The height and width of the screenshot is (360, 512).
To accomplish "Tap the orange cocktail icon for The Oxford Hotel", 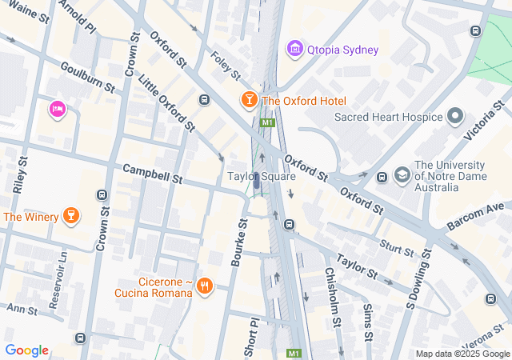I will [x=249, y=100].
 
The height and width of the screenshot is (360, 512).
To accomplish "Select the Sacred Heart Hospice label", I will [x=388, y=117].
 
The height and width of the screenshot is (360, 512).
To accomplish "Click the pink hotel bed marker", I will [x=57, y=109].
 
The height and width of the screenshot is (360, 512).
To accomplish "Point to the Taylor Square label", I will [x=262, y=176].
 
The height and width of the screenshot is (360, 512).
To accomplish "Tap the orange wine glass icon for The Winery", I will [x=71, y=216].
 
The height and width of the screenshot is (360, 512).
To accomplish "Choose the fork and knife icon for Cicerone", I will [x=205, y=285].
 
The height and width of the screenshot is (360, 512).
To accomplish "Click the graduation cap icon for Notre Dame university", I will [x=402, y=174].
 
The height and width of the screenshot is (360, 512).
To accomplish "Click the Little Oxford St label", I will [x=166, y=102].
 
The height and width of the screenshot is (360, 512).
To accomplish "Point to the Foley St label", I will [x=225, y=66].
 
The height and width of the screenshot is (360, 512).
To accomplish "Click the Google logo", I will [x=26, y=350].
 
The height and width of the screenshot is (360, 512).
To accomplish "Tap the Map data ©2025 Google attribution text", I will [x=462, y=354].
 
